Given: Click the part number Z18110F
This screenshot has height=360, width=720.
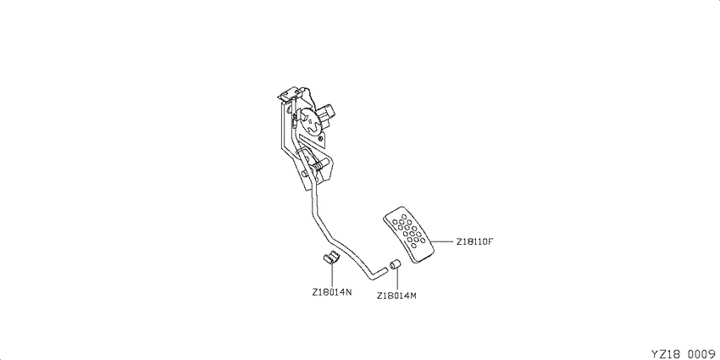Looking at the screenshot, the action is (474, 241).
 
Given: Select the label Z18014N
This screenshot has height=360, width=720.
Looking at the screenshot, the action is (332, 292).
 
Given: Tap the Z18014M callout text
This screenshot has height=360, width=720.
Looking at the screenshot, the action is (396, 296).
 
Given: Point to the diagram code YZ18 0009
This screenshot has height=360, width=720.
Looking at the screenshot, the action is (684, 353).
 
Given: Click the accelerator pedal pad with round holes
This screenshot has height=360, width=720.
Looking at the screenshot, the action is (408, 235).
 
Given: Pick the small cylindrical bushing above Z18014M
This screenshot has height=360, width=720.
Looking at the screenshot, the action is (396, 265).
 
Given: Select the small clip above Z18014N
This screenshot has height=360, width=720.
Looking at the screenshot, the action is (329, 258).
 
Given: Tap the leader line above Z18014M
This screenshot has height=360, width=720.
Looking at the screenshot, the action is (396, 280).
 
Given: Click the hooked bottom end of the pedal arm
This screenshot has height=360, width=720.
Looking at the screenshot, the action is (377, 274).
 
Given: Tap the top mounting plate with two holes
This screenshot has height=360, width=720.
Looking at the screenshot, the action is (289, 94).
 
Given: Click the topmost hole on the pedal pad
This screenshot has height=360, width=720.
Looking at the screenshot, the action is (403, 216).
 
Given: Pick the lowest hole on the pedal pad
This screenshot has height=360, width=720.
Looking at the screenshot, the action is (415, 245).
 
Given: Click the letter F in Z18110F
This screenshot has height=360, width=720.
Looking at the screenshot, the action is (490, 241).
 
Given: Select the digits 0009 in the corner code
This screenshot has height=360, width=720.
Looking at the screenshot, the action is (703, 353).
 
